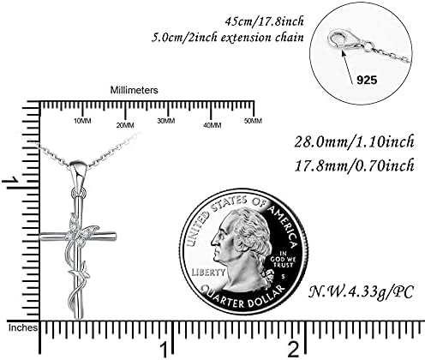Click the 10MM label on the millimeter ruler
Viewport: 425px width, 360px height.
[82, 121]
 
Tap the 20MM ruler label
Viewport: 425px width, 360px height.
[125, 125]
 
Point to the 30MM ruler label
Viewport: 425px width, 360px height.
[166, 121]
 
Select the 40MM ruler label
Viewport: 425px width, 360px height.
[212, 125]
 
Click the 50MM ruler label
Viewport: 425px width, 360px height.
[253, 121]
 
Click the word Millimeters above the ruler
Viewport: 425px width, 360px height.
[134, 90]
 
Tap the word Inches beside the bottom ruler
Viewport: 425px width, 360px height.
[23, 327]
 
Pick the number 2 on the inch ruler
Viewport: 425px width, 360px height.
[294, 349]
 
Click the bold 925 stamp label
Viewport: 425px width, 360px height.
[367, 80]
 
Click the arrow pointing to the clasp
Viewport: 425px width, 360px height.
[349, 66]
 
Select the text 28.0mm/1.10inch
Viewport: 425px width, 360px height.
[354, 142]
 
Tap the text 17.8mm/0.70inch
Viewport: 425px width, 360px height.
[354, 165]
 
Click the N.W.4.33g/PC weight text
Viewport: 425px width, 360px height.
[361, 292]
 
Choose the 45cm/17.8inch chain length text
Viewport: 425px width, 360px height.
[264, 21]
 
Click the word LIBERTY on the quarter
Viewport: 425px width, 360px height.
[208, 272]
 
